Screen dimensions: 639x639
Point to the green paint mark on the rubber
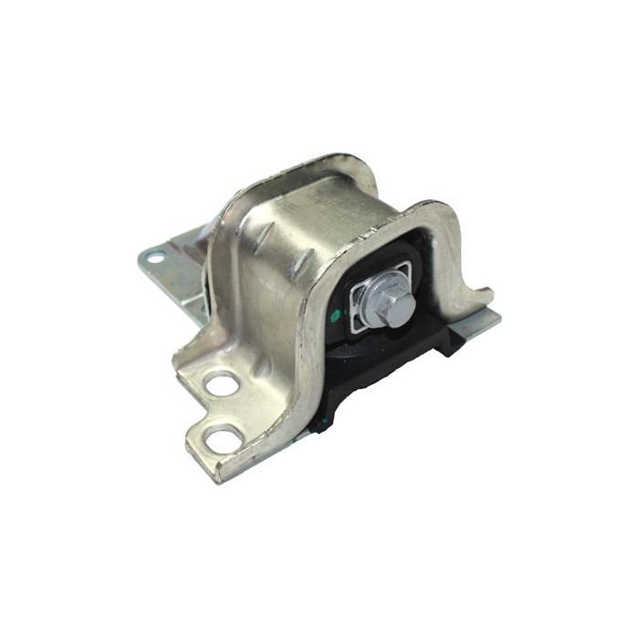[x=335, y=317]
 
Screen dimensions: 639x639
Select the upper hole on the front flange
[x=222, y=384]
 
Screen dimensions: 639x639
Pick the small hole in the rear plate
[x=154, y=257]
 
